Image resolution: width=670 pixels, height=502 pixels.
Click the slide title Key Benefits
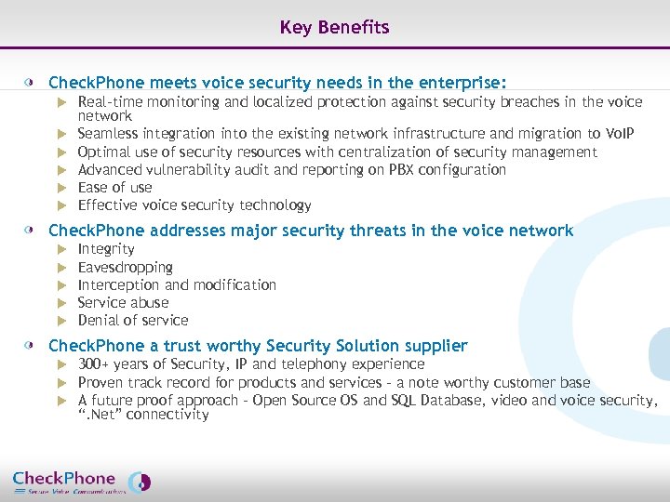[x=334, y=28]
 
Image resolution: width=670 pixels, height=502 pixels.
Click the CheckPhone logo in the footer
[x=81, y=482]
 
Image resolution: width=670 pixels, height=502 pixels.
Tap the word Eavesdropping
[x=125, y=267]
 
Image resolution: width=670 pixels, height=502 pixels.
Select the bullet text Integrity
[x=106, y=249]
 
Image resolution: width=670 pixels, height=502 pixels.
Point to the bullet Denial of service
[x=132, y=320]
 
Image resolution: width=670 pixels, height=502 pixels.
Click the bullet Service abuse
[x=123, y=302]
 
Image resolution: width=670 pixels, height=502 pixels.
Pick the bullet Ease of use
[x=114, y=187]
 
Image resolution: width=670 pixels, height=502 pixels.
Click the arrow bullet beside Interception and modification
[x=62, y=285]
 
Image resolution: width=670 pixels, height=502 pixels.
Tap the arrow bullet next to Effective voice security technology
[x=62, y=205]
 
